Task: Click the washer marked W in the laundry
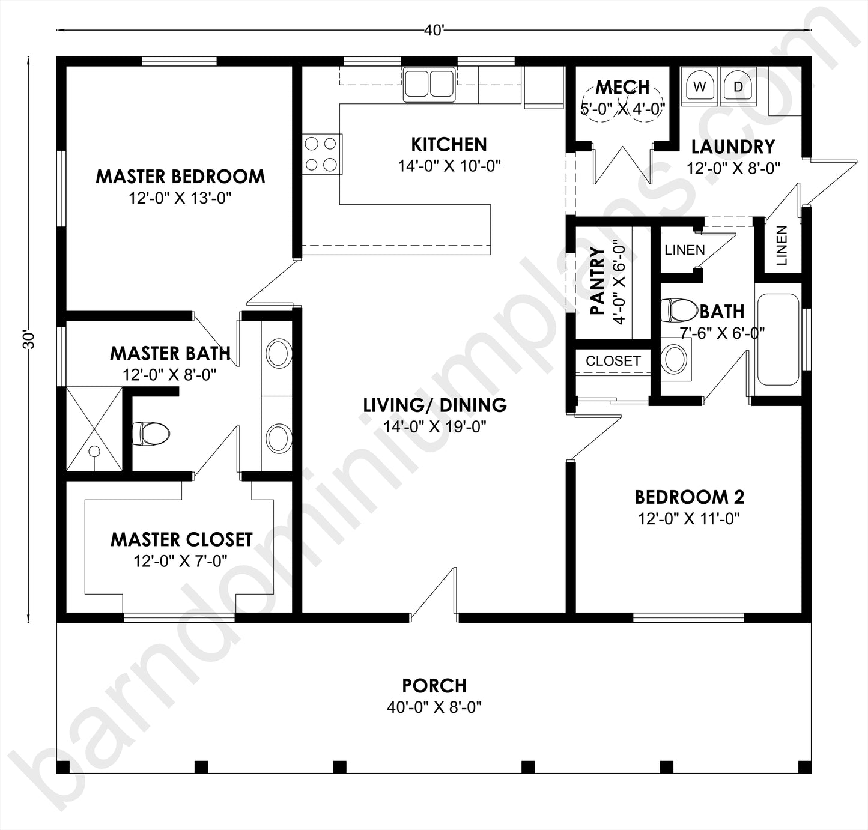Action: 700,86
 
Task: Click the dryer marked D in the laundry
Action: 738,86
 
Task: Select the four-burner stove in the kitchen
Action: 321,154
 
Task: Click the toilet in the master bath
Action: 151,433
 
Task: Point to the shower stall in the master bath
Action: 94,429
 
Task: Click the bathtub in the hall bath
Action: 778,339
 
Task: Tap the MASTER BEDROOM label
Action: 180,177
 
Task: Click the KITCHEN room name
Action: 449,144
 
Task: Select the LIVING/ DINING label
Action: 435,405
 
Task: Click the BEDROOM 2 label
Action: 689,497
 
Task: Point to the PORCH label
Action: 434,685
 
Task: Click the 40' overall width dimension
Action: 434,31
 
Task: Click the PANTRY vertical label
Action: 598,281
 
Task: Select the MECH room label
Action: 623,88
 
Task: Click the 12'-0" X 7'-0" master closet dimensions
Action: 180,561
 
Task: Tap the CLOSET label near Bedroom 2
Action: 613,361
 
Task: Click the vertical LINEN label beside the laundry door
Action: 782,246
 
